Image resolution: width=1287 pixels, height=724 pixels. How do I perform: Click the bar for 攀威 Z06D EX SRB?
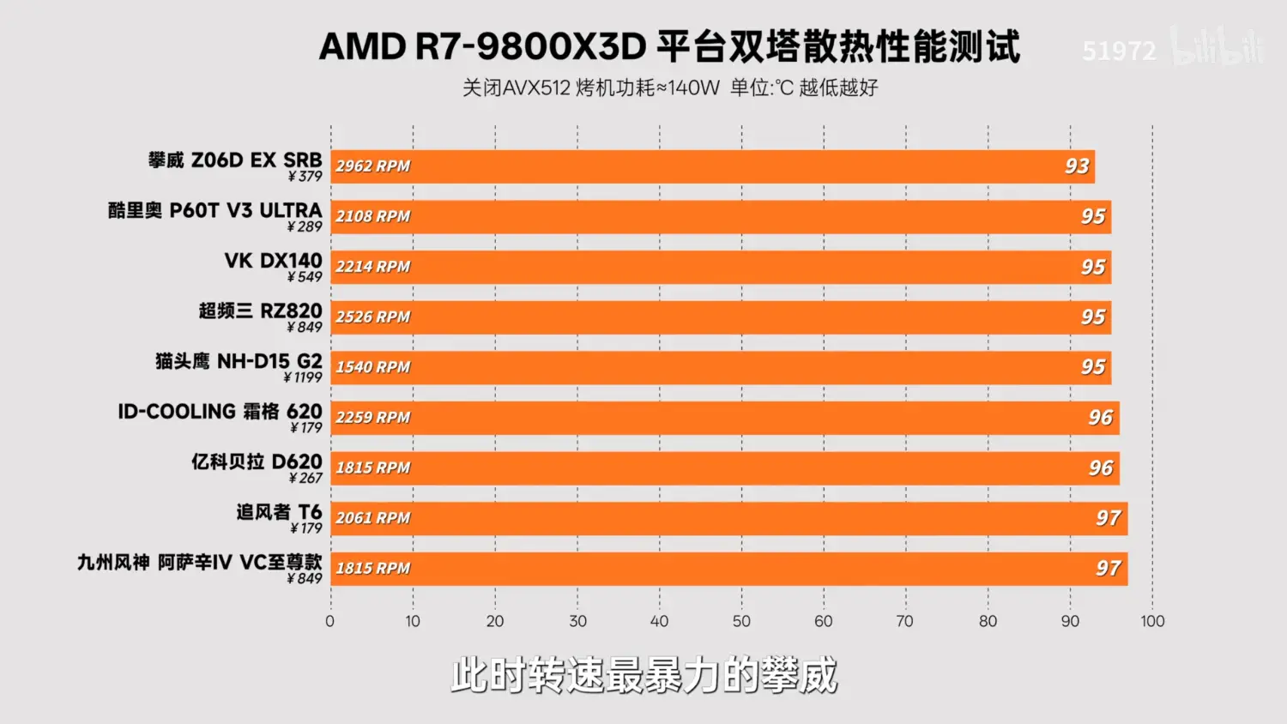click(x=712, y=166)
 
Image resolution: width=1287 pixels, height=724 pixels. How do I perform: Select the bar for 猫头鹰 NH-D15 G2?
click(x=721, y=367)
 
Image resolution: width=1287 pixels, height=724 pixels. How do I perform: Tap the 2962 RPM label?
click(x=373, y=166)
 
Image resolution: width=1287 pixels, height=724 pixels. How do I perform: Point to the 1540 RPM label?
click(x=373, y=367)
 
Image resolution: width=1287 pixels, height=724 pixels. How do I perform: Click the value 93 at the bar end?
click(x=1077, y=166)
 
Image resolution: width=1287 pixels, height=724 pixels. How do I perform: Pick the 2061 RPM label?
click(x=373, y=518)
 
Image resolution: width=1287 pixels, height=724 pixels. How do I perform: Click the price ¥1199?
click(x=303, y=377)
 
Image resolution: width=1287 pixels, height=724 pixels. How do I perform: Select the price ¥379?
click(x=305, y=177)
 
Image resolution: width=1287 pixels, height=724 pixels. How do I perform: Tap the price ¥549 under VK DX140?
click(x=305, y=277)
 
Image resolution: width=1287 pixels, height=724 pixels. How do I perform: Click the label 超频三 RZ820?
click(x=261, y=311)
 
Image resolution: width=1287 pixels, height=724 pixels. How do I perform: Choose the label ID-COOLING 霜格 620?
click(x=221, y=412)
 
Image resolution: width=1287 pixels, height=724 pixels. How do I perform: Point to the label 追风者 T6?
click(x=280, y=512)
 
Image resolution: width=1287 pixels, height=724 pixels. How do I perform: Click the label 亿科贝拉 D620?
click(x=257, y=462)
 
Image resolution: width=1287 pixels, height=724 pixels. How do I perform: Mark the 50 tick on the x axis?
click(x=741, y=621)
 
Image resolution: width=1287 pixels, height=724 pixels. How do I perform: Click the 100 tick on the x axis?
click(x=1152, y=621)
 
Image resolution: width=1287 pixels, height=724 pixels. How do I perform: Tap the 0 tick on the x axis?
click(x=330, y=621)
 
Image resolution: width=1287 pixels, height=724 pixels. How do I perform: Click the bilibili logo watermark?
click(x=1218, y=47)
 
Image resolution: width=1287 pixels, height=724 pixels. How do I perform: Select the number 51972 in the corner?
click(x=1119, y=51)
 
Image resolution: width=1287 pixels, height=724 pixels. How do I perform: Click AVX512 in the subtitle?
click(x=536, y=87)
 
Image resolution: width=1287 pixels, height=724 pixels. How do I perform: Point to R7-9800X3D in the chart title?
click(x=530, y=47)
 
